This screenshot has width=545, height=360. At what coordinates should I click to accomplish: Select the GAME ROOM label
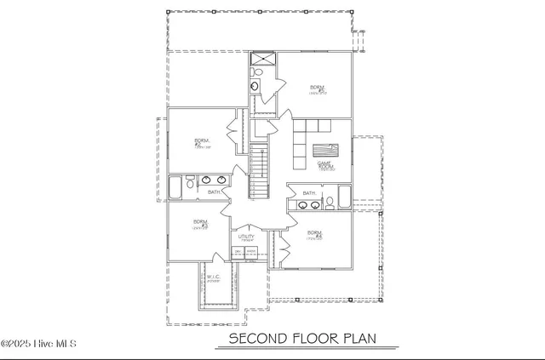(x=324, y=165)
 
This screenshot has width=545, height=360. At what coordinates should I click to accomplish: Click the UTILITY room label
(x=247, y=237)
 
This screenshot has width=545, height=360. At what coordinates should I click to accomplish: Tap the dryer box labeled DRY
(x=238, y=253)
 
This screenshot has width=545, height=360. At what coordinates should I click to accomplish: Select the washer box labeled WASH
(x=251, y=253)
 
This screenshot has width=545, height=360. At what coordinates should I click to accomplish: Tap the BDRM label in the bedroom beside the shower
(x=317, y=89)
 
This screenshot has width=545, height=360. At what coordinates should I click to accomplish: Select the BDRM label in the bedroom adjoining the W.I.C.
(x=200, y=224)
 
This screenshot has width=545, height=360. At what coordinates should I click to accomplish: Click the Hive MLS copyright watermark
(x=39, y=344)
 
